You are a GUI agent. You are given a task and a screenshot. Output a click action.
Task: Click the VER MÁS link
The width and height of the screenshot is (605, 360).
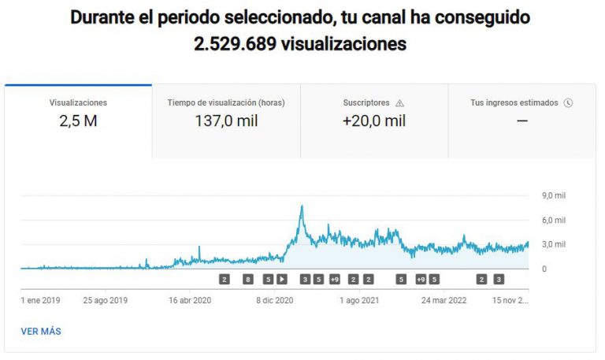click(41, 332)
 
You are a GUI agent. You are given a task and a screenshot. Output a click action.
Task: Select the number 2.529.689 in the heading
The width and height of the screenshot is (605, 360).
click(235, 44)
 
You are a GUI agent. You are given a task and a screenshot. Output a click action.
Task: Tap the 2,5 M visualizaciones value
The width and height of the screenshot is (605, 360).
click(78, 121)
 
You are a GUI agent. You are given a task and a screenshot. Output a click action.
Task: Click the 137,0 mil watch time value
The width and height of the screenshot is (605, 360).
click(226, 121)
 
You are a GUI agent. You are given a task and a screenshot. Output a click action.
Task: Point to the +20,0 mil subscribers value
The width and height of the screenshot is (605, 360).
click(374, 121)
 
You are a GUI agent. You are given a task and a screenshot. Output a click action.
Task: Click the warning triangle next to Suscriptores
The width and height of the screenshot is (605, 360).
click(399, 102)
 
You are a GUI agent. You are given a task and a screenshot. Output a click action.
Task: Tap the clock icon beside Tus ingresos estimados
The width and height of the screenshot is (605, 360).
click(568, 102)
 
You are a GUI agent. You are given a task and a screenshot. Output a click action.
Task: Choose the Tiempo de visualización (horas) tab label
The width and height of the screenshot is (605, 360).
click(226, 102)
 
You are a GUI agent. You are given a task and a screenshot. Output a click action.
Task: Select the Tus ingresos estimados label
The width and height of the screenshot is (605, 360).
click(514, 102)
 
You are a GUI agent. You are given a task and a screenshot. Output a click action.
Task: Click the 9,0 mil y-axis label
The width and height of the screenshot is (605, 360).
click(555, 196)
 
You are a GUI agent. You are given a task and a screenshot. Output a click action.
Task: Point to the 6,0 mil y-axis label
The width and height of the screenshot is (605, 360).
click(555, 220)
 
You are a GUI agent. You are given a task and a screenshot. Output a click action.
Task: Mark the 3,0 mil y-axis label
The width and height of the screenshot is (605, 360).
click(555, 244)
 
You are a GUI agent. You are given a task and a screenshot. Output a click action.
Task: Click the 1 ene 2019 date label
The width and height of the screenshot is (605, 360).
click(41, 300)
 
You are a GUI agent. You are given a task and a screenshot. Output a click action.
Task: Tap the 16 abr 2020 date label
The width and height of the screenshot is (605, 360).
click(190, 300)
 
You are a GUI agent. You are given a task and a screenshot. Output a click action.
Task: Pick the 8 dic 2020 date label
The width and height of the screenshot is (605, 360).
click(275, 300)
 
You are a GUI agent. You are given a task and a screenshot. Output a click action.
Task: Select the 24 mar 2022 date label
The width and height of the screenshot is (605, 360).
click(445, 300)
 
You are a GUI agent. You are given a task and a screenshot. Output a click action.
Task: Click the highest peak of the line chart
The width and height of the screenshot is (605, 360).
click(302, 206)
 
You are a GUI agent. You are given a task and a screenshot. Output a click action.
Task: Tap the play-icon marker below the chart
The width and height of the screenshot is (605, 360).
click(282, 279)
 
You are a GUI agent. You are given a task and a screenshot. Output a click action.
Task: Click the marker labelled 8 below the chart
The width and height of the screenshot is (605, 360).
click(248, 279)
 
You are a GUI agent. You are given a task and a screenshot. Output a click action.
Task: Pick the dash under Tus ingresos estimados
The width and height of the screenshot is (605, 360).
click(521, 121)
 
